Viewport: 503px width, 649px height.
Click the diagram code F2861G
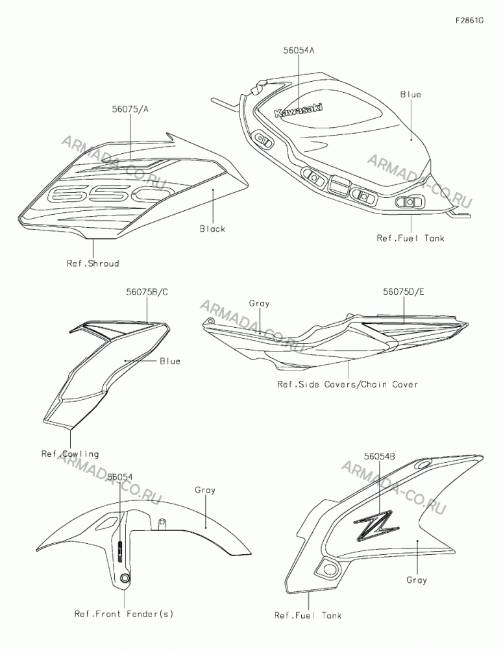pyautogui.click(x=469, y=20)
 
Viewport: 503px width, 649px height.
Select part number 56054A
pyautogui.click(x=299, y=51)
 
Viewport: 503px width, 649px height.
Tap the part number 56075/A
pyautogui.click(x=130, y=109)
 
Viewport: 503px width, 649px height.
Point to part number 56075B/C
pyautogui.click(x=147, y=292)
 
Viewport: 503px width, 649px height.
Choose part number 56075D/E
pyautogui.click(x=403, y=291)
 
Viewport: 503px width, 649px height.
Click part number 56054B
pyautogui.click(x=379, y=456)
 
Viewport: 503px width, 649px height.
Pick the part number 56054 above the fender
pyautogui.click(x=119, y=477)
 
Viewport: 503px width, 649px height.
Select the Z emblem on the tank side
pyautogui.click(x=376, y=525)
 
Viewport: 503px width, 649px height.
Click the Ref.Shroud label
pyautogui.click(x=93, y=263)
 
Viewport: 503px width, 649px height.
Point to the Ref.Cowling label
pyautogui.click(x=70, y=454)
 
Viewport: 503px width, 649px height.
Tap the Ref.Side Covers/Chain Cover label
pyautogui.click(x=347, y=384)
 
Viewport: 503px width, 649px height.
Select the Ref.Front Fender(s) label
pyautogui.click(x=124, y=614)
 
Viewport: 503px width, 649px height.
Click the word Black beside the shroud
pyautogui.click(x=212, y=229)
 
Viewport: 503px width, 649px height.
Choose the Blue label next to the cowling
pyautogui.click(x=170, y=361)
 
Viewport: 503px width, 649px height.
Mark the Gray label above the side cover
pyautogui.click(x=259, y=303)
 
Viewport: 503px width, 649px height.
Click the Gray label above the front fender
pyautogui.click(x=205, y=490)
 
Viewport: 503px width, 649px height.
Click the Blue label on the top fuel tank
pyautogui.click(x=411, y=94)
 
